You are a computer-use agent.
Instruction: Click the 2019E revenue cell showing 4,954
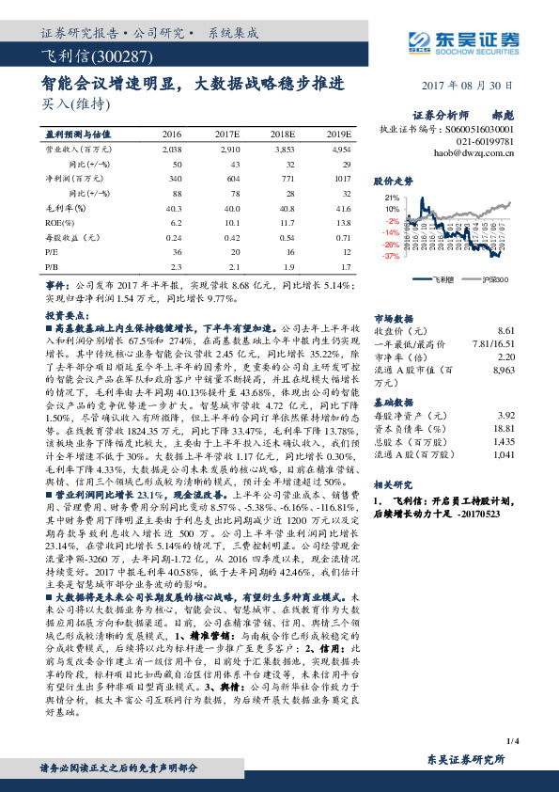[x=341, y=149]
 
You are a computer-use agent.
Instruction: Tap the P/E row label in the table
[x=53, y=252]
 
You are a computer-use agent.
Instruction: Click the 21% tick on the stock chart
[x=392, y=199]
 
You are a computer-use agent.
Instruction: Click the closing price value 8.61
[x=506, y=331]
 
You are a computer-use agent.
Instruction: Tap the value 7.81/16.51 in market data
[x=494, y=344]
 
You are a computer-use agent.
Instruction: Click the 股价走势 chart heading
[x=393, y=179]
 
